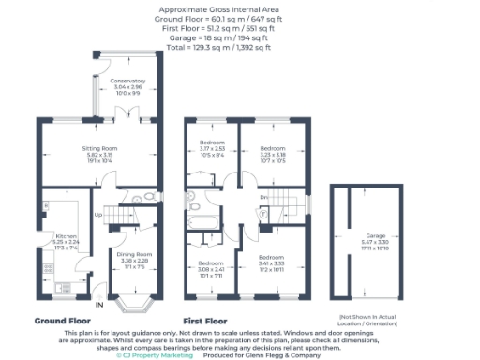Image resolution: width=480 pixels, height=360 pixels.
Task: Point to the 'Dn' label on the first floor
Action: pos(265,197)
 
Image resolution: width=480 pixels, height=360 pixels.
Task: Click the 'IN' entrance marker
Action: pos(98,305)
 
